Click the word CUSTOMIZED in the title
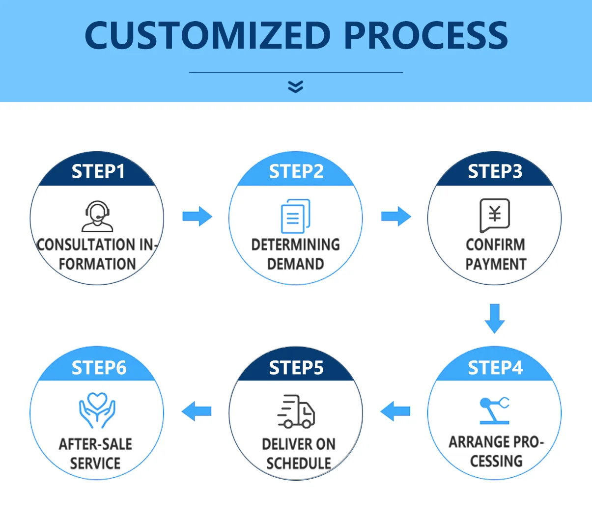207,35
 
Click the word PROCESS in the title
426,35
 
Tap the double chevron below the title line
296,87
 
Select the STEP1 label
98,171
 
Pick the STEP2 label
296,171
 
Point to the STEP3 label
495,171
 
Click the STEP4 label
495,368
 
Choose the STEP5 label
296,368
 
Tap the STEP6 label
99,368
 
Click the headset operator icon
97,216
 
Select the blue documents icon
296,216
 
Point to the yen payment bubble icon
495,216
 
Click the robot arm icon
494,410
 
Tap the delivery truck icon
296,411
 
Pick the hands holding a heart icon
97,410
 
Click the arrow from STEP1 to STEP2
197,216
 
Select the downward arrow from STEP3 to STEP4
495,319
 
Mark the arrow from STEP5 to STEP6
197,411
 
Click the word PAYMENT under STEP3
496,264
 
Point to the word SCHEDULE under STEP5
299,463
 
